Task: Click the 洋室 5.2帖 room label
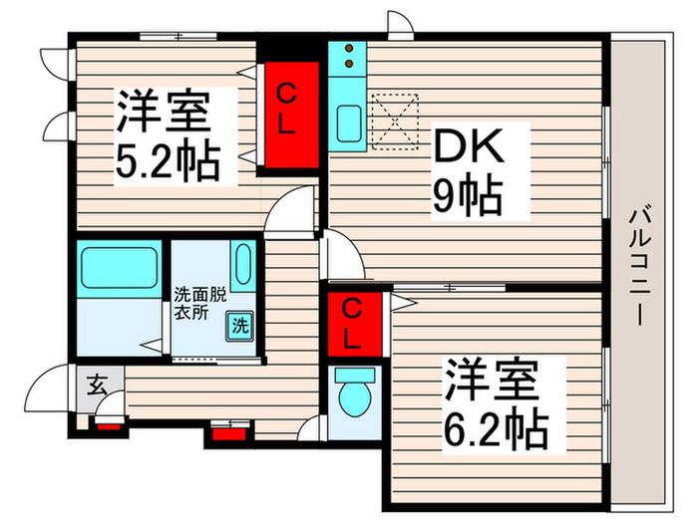coord(169,135)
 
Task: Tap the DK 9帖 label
coord(469,171)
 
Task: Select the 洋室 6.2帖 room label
coord(496,403)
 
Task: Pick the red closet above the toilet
coord(355,324)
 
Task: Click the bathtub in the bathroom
coord(119,268)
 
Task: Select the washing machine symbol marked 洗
coord(240,327)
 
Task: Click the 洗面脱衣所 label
coord(199,303)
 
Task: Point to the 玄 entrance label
coord(96,386)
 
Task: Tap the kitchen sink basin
coord(349,124)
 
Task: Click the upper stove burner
coord(349,48)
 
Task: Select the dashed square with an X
coord(395,122)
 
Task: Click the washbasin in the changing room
coord(243,264)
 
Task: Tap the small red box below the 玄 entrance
coord(109,427)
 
